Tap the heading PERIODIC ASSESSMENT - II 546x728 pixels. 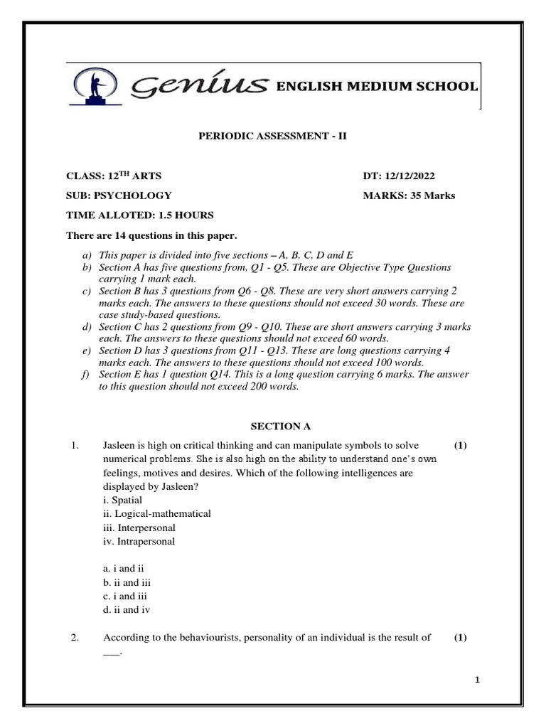(x=272, y=135)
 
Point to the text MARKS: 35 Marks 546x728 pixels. (x=409, y=196)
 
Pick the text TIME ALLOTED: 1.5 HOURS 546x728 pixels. (x=139, y=215)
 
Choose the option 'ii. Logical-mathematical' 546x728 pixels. (x=156, y=513)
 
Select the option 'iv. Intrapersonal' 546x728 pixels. (x=139, y=541)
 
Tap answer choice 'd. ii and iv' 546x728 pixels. (x=127, y=609)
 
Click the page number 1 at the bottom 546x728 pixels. (x=478, y=680)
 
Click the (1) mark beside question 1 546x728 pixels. (x=460, y=446)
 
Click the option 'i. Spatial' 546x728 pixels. (x=122, y=500)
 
